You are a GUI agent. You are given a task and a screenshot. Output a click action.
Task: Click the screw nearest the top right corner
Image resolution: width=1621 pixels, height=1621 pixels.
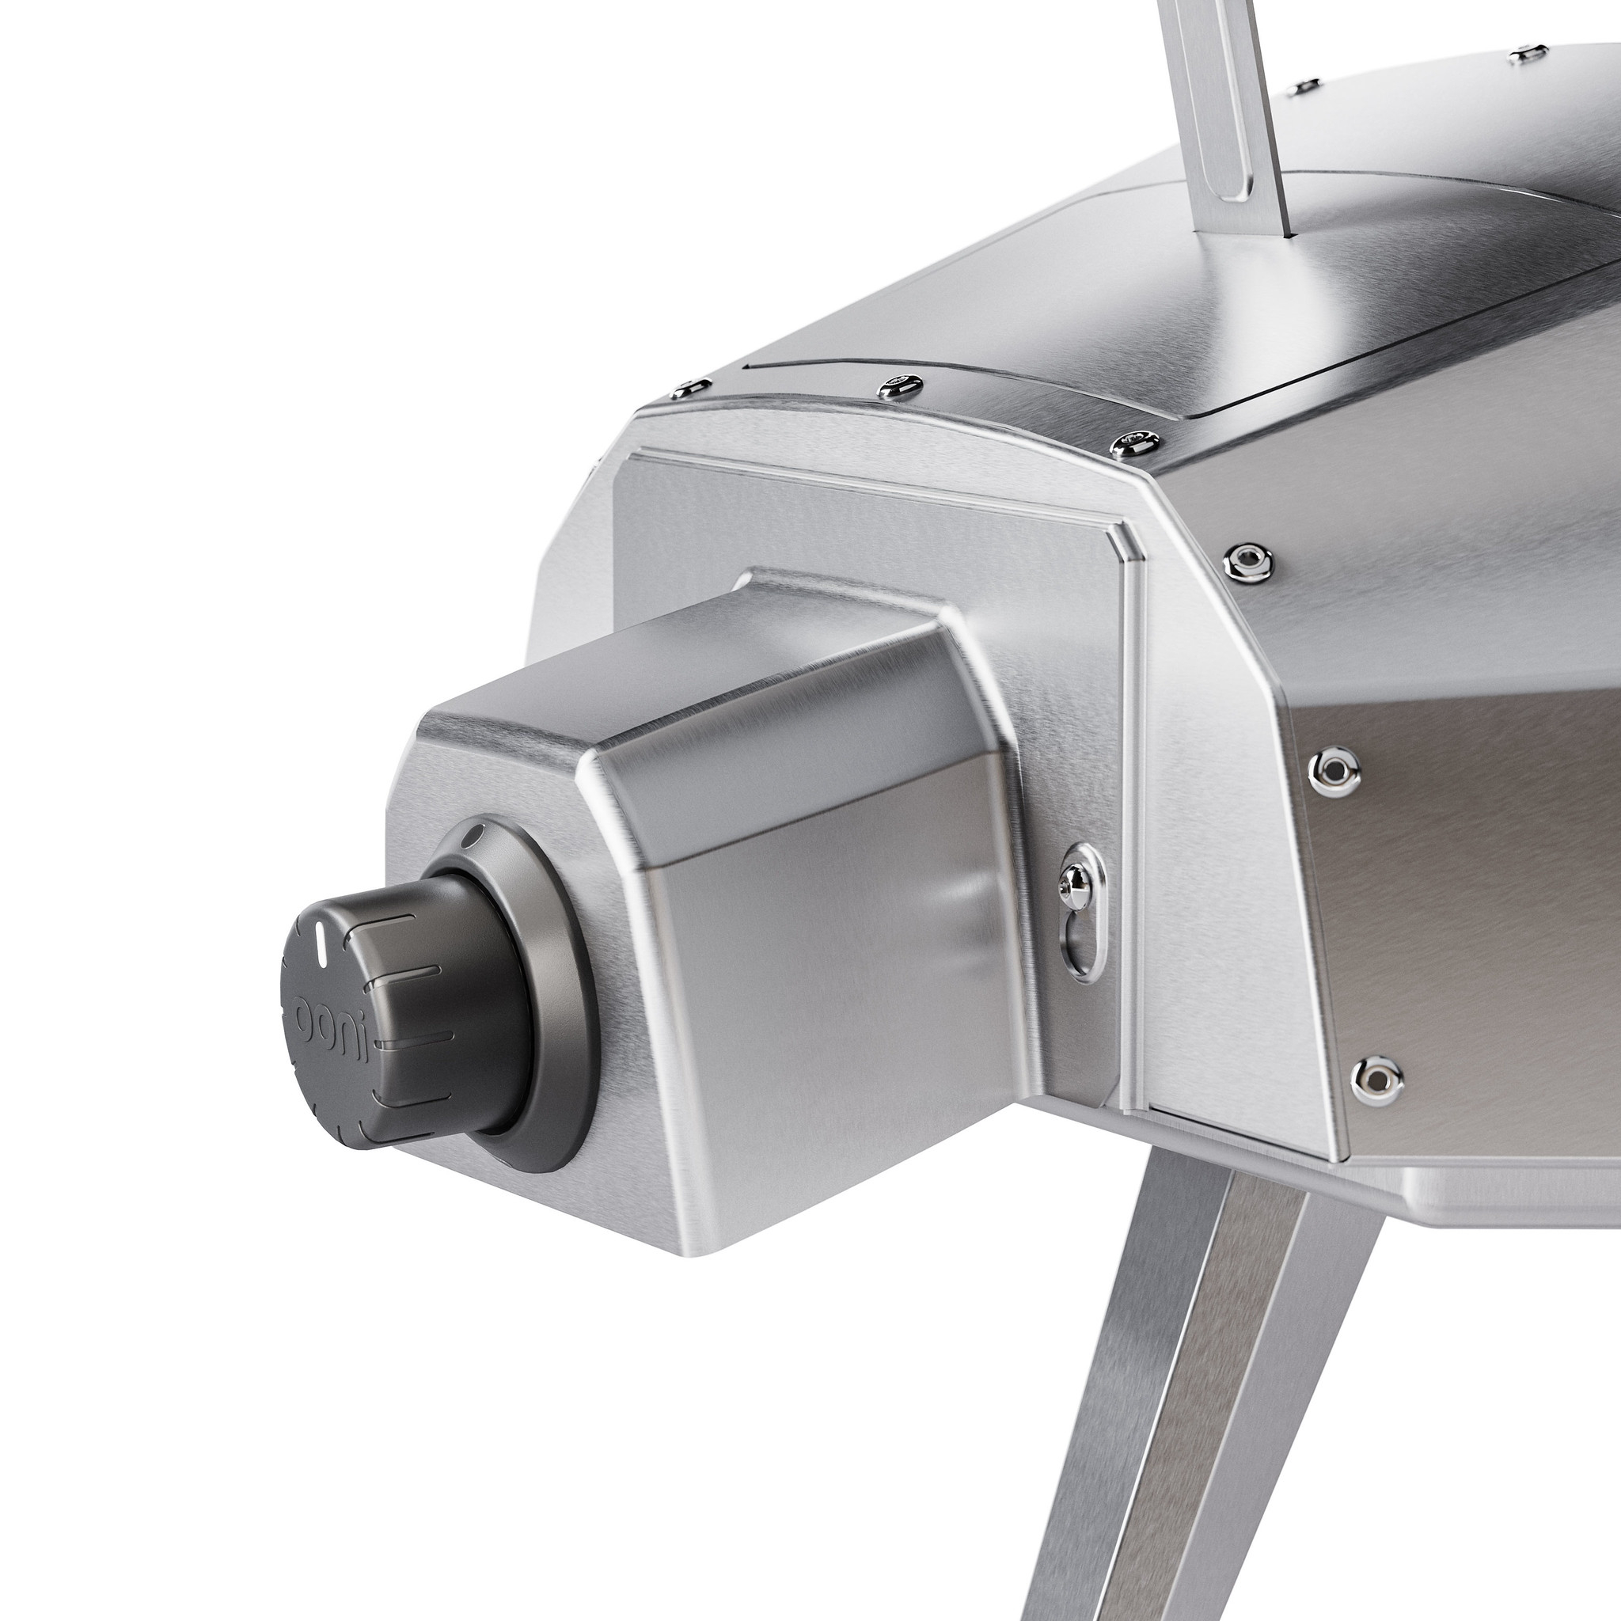point(1528,55)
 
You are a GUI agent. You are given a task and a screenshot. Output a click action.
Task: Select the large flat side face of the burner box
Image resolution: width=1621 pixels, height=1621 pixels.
point(839,1007)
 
